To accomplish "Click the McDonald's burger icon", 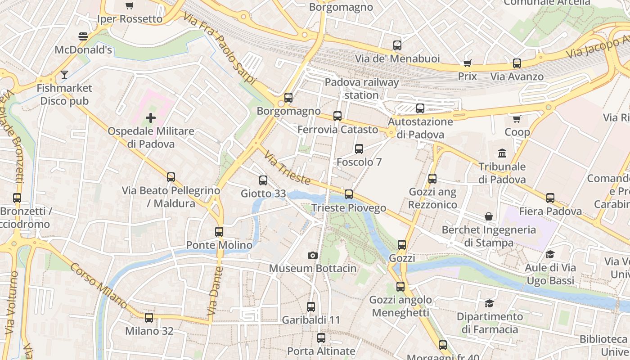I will coord(83,36).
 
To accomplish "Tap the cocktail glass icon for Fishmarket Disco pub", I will coord(64,74).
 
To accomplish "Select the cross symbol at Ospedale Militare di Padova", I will coord(151,118).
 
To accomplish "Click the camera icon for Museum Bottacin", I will coord(312,255).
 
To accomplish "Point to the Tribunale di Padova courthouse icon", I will coord(502,153).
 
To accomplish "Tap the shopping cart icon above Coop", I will coord(517,119).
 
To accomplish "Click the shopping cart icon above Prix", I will coord(467,63).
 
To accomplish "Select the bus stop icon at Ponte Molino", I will coord(219,232).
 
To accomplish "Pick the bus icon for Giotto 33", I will coord(263,180).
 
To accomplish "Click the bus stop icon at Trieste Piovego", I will coord(349,194).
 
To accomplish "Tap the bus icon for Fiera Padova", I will coord(550,198).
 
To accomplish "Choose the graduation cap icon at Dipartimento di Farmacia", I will coord(490,303).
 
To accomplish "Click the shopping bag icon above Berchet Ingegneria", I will coord(489,216).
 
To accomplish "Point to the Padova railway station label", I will coord(362,89).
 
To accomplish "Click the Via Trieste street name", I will coord(287,168).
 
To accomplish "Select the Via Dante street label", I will coord(215,291).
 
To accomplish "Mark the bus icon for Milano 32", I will coord(149,318).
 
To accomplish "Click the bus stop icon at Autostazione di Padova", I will coord(420,108).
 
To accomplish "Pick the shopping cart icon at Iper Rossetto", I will coord(130,5).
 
